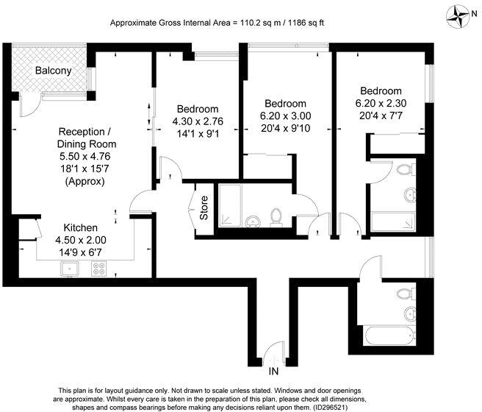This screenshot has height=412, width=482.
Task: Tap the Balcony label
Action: coord(53,71)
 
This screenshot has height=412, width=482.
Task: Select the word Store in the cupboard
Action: coord(204,207)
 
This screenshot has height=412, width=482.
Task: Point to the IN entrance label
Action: coord(273,370)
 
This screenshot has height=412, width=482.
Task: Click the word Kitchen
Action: coord(81,227)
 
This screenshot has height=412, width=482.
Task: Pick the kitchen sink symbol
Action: coord(71,269)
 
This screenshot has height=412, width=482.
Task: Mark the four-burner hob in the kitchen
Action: coord(98,269)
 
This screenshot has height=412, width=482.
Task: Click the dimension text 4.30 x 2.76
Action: coord(197,122)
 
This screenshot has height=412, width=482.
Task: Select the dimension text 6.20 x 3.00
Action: coord(286,116)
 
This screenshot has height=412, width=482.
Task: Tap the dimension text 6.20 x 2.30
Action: coord(381,102)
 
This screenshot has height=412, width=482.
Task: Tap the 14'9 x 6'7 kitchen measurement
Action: coord(81,252)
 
